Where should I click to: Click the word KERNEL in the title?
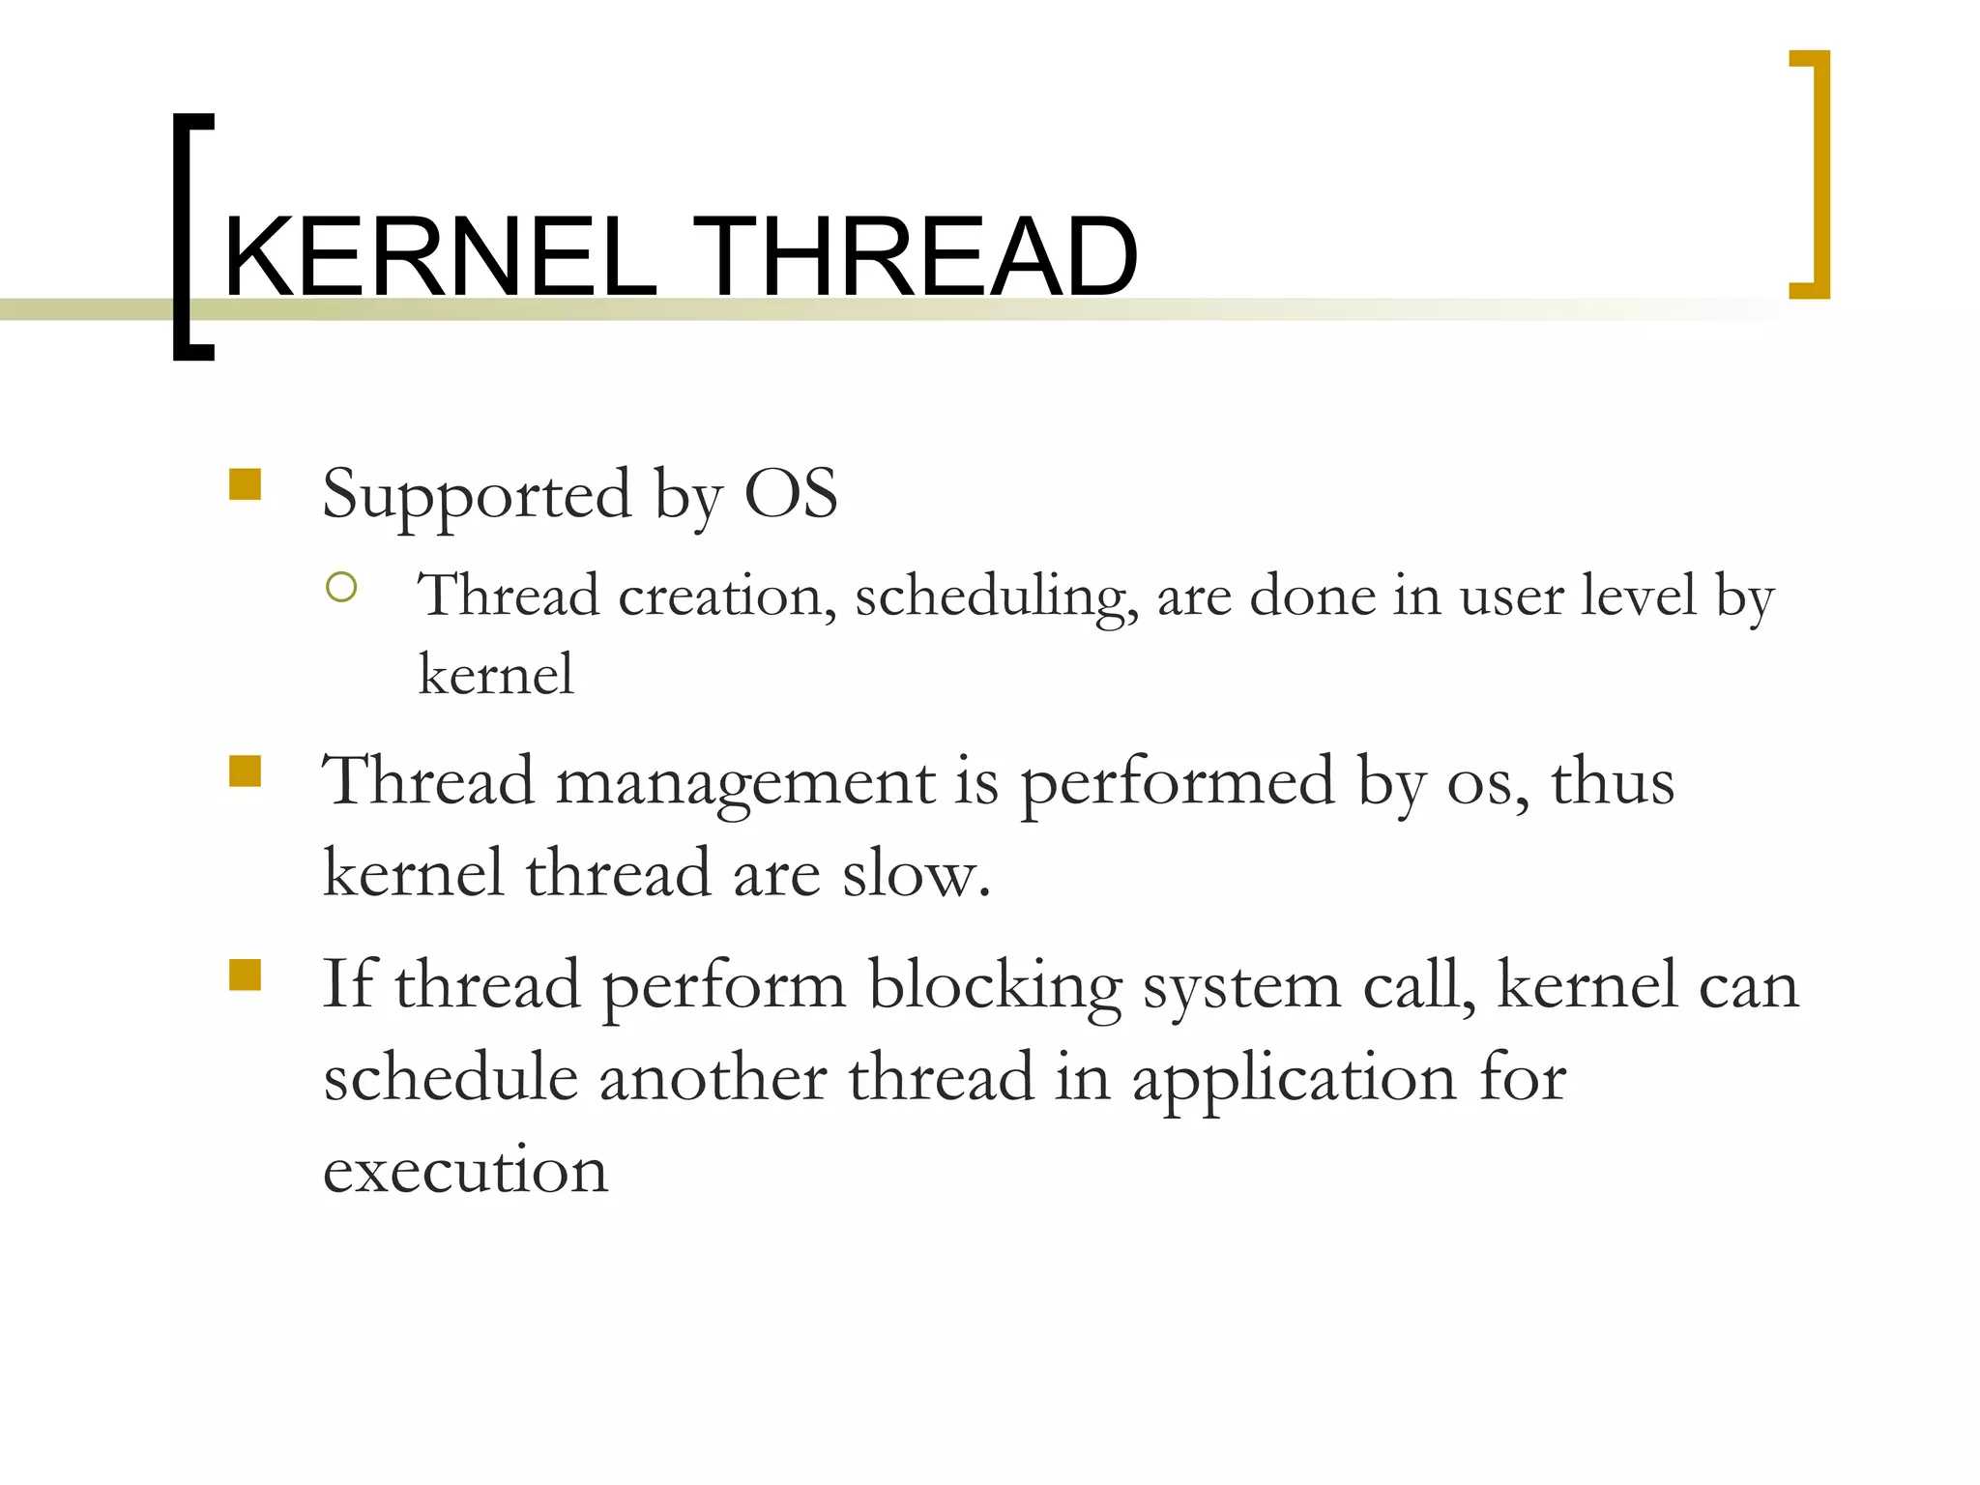click(x=440, y=257)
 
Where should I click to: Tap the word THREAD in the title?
click(x=915, y=257)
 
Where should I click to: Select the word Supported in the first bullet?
click(x=477, y=496)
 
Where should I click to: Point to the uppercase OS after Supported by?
click(x=790, y=494)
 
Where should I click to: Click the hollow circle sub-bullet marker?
click(x=341, y=587)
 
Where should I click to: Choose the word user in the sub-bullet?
click(x=1511, y=596)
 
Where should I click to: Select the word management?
click(x=745, y=783)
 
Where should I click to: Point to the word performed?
click(x=1178, y=783)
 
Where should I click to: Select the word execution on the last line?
click(x=465, y=1170)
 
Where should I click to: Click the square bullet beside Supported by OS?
click(x=246, y=483)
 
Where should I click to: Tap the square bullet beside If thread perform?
click(x=246, y=975)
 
